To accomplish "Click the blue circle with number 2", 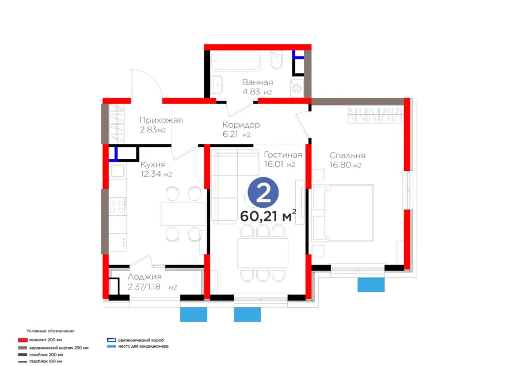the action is [x=263, y=193].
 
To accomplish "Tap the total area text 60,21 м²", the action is [x=268, y=216].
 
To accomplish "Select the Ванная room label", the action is [x=258, y=82].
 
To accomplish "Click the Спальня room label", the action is [x=348, y=155].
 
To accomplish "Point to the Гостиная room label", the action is [x=283, y=155].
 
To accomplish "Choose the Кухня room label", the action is [x=153, y=165].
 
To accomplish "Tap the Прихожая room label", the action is [x=161, y=120].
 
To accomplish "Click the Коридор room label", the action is [x=241, y=125].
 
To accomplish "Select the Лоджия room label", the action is [x=144, y=277].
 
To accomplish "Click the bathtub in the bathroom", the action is [x=235, y=60].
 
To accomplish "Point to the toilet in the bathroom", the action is [x=276, y=60].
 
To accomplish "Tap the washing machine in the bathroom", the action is [x=297, y=88].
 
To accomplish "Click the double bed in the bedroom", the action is [x=343, y=213].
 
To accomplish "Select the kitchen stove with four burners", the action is [x=118, y=207].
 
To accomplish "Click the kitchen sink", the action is [x=117, y=171].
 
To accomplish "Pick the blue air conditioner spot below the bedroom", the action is [x=371, y=285].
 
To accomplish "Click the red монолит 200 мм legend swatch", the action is [x=22, y=340].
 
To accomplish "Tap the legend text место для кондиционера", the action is [x=143, y=346].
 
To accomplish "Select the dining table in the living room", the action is [x=263, y=253].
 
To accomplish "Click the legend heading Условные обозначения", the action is [x=51, y=331].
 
